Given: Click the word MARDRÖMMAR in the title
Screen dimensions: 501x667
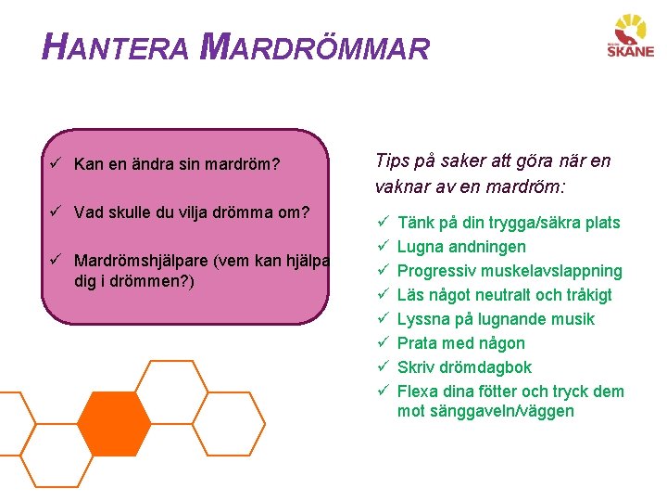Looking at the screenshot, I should tap(315, 47).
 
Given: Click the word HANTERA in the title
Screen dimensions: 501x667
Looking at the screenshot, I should tap(117, 47).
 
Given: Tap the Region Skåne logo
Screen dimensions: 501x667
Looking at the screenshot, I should tap(630, 38).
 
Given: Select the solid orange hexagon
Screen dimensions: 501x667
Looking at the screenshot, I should tap(114, 425).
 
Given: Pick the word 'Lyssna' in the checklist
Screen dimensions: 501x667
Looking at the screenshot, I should tap(422, 319).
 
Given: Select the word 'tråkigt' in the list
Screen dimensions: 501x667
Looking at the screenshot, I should tap(585, 295).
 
